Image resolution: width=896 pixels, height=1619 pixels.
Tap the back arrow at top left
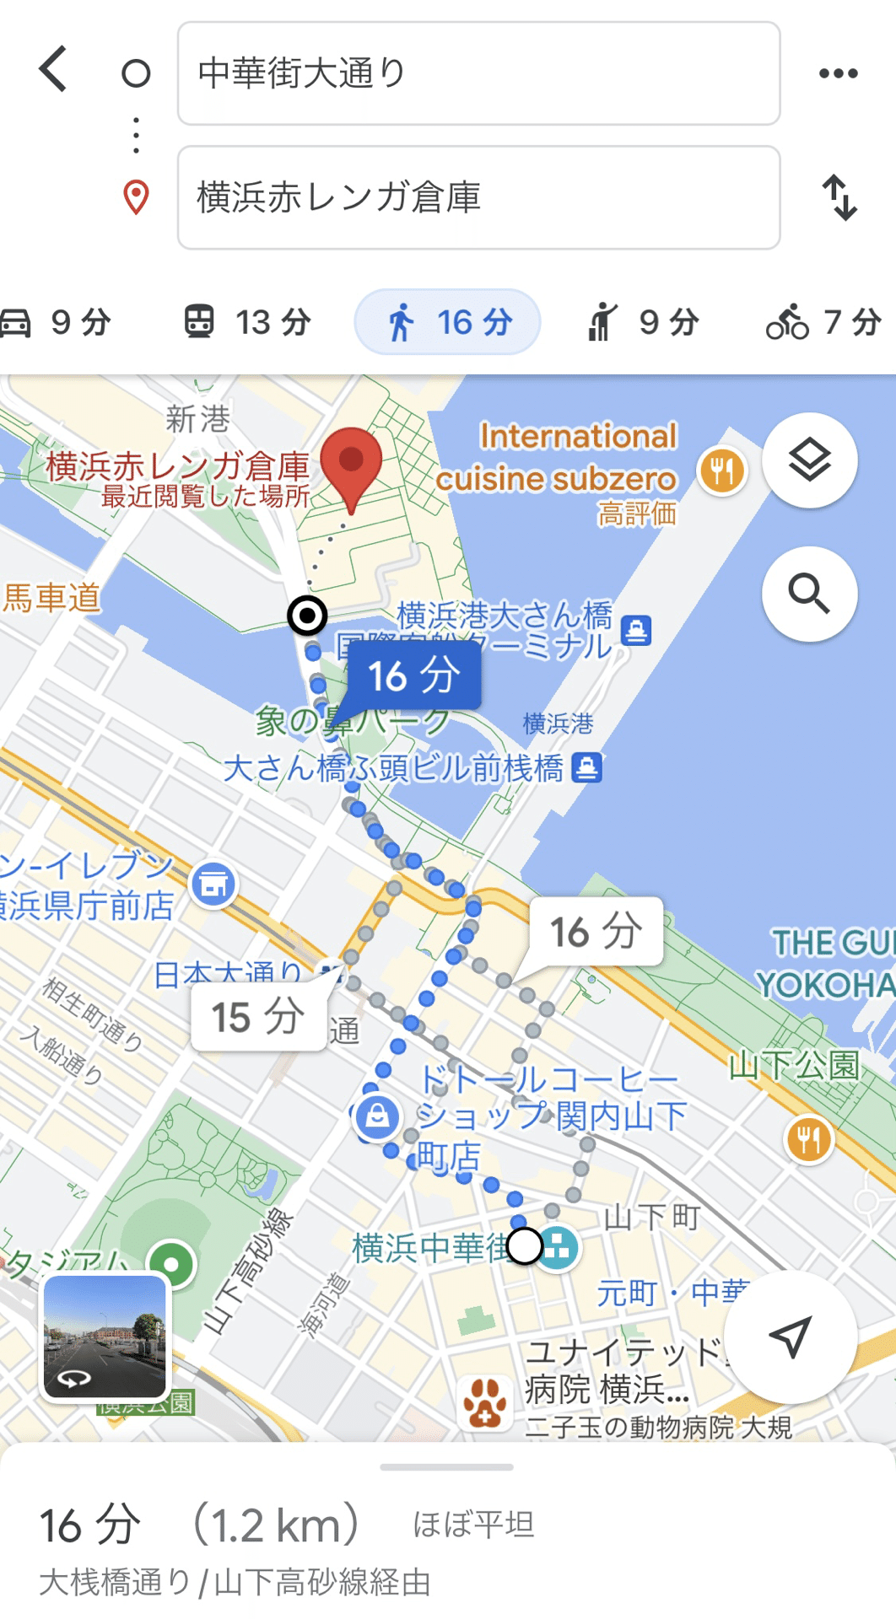(53, 69)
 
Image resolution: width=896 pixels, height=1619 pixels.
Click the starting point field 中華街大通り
(478, 73)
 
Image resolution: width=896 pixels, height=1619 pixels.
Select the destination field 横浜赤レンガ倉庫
(478, 197)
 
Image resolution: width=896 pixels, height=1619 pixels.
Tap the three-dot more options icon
(838, 73)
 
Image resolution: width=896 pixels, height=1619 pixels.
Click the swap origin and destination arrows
(839, 197)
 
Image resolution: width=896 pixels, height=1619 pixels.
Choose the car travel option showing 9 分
(57, 322)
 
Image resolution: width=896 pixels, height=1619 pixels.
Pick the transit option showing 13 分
(248, 322)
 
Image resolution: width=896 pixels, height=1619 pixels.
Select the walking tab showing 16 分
(447, 322)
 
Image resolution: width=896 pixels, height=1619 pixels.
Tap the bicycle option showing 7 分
(823, 322)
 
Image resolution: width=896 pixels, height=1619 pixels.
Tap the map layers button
(809, 460)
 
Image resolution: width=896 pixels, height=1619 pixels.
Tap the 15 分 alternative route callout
(258, 1017)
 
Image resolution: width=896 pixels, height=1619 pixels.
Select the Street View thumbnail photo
(105, 1337)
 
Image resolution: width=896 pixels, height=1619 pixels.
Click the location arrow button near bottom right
(791, 1337)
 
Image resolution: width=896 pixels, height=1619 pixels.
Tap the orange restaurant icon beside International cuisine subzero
(722, 471)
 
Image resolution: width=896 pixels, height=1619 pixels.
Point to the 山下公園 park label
(794, 1066)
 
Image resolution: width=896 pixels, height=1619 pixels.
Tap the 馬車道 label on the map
(51, 598)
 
